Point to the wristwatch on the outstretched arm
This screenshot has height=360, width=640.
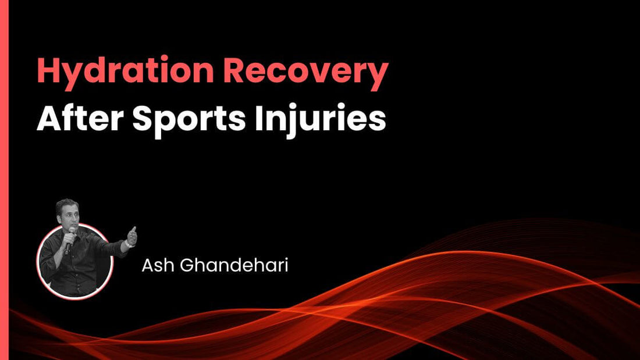tap(126, 243)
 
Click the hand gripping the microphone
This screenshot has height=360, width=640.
tap(69, 245)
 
